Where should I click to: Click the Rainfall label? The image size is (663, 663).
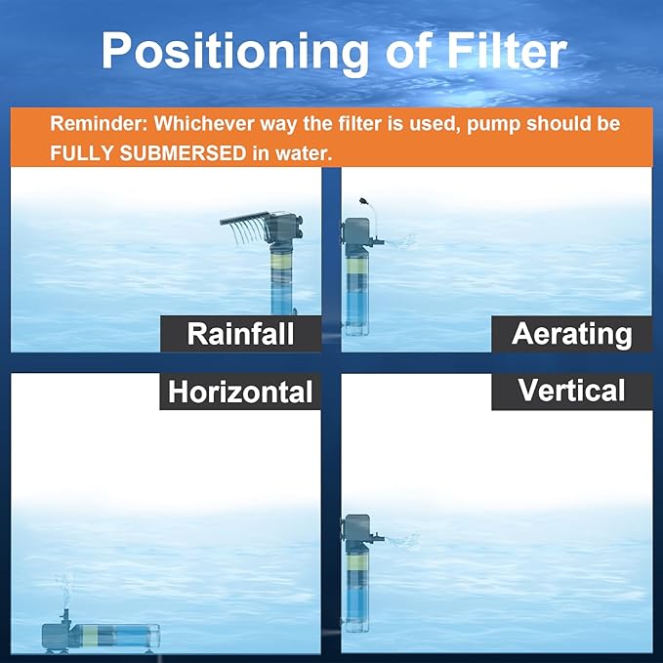[240, 334]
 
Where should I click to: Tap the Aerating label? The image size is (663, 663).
[571, 334]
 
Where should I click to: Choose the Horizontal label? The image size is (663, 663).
[240, 392]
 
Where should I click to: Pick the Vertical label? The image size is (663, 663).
[571, 391]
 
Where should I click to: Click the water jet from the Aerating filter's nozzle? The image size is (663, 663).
[403, 240]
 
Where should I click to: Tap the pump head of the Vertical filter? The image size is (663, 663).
[357, 533]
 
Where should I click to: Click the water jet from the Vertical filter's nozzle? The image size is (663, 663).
[403, 538]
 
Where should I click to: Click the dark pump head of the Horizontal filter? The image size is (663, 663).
[62, 631]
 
